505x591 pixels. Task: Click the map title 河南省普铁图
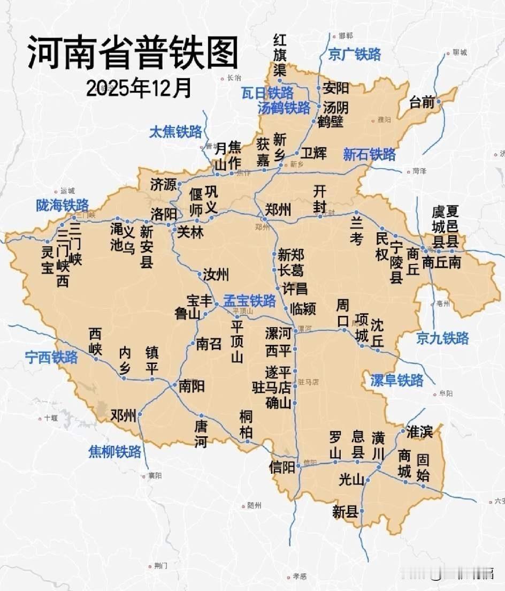[132, 53]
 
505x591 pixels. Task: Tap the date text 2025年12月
[138, 88]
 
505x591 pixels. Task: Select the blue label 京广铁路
[354, 54]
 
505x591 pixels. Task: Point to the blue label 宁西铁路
[51, 357]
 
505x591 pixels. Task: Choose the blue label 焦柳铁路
[114, 451]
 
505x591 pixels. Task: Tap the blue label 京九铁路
[442, 338]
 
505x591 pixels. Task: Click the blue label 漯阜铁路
[396, 380]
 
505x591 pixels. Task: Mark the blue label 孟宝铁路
[249, 300]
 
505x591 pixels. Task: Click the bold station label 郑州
[279, 209]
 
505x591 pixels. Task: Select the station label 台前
[422, 102]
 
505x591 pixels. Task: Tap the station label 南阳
[191, 385]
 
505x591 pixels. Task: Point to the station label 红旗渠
[280, 55]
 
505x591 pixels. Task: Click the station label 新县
[345, 512]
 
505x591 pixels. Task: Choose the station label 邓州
[123, 415]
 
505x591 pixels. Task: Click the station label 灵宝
[47, 260]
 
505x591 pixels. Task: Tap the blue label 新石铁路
[369, 155]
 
